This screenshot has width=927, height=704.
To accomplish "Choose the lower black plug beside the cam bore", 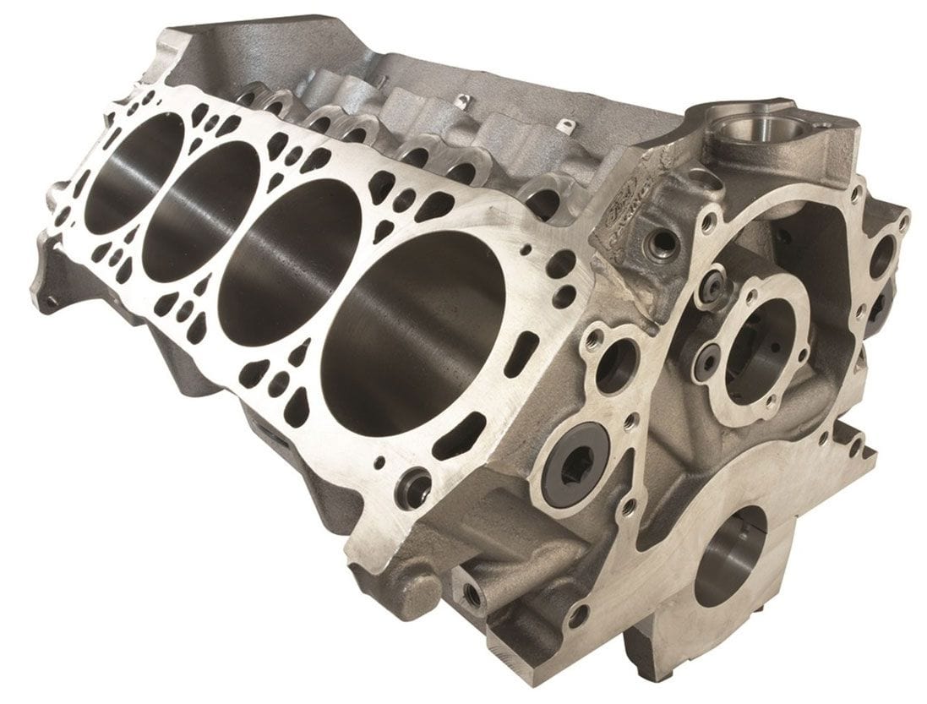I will pos(707,360).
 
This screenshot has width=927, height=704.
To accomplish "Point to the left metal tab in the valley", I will pos(461,103).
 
